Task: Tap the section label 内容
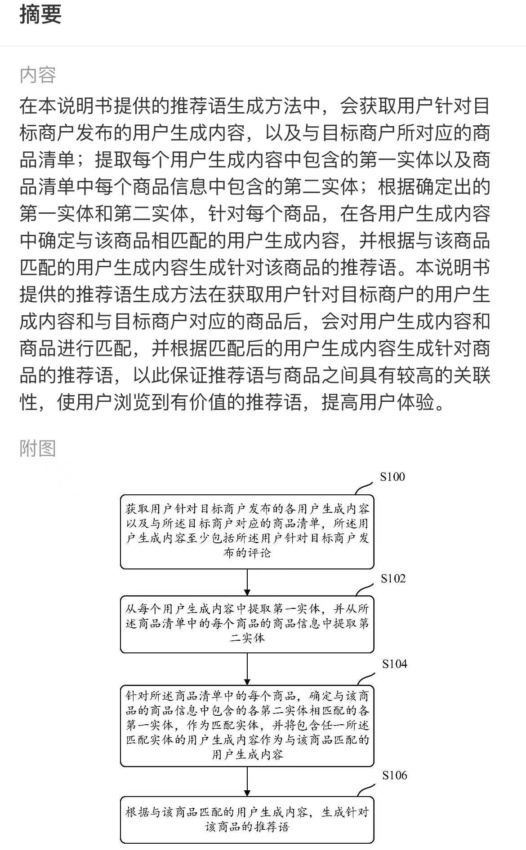(38, 75)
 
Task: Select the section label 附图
(38, 448)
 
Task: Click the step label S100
(392, 477)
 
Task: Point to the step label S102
(393, 578)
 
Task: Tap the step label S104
(395, 664)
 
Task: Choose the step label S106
(395, 775)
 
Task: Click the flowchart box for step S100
(247, 532)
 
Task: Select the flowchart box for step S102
(247, 624)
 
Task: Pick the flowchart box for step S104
(247, 726)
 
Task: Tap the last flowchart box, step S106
(247, 820)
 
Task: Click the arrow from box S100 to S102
(247, 582)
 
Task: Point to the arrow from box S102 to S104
(247, 669)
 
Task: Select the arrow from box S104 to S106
(247, 782)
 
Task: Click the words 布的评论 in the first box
(247, 553)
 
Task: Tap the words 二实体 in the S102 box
(247, 638)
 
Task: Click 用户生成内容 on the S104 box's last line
(247, 755)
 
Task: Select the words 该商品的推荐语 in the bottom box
(247, 827)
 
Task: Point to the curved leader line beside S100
(364, 489)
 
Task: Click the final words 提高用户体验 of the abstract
(378, 402)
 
